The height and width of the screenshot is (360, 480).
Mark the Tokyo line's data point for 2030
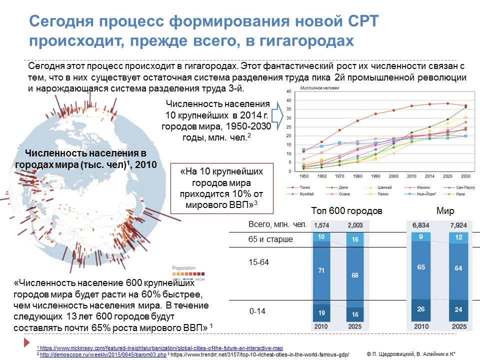click(x=465, y=105)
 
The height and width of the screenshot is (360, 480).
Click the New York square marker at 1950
click(x=303, y=149)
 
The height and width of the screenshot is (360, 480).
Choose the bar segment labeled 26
click(x=421, y=308)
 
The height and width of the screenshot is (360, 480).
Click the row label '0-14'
click(x=257, y=311)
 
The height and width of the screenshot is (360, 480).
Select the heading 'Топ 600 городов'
click(x=346, y=211)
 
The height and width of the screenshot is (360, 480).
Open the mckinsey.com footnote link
click(x=161, y=348)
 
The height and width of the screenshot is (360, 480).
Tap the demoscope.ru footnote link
click(x=102, y=354)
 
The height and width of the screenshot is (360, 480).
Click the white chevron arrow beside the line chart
click(x=278, y=116)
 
